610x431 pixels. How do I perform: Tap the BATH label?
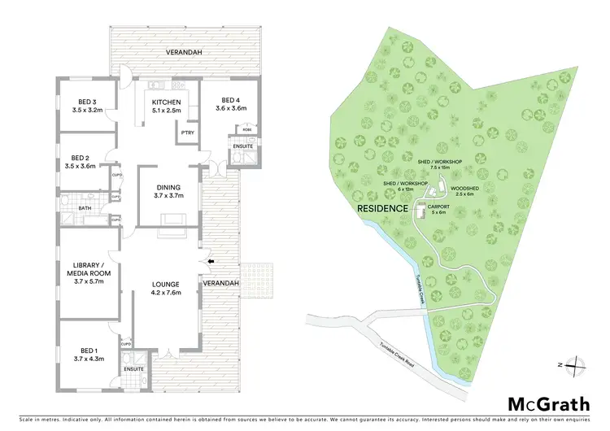point(85,208)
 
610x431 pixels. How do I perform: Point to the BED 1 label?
point(85,352)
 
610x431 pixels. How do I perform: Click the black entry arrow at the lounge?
point(212,261)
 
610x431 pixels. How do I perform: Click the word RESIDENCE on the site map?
point(382,208)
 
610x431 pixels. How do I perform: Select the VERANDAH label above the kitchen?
point(185,52)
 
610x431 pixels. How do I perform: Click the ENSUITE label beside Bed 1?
point(134,369)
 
